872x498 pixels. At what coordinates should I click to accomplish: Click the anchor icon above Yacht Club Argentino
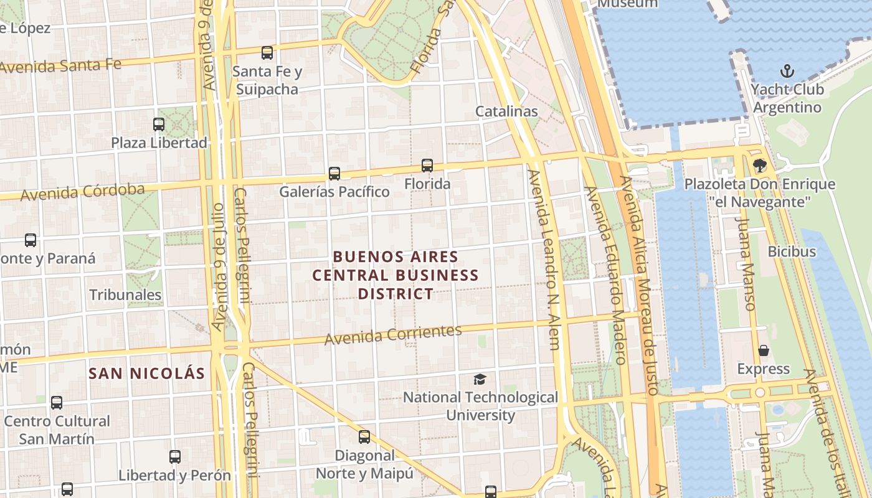pyautogui.click(x=787, y=70)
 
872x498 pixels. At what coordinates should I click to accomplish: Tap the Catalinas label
pyautogui.click(x=506, y=111)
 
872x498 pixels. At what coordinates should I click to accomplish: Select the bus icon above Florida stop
pyautogui.click(x=427, y=166)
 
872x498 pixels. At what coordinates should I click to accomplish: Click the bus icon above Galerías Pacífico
pyautogui.click(x=334, y=173)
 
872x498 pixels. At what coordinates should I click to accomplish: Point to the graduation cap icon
pyautogui.click(x=480, y=379)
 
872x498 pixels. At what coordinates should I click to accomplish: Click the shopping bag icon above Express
pyautogui.click(x=764, y=350)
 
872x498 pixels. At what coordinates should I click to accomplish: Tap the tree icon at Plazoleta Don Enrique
pyautogui.click(x=759, y=166)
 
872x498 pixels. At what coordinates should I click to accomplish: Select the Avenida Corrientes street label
pyautogui.click(x=393, y=335)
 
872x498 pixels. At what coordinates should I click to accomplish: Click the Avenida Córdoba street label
pyautogui.click(x=82, y=192)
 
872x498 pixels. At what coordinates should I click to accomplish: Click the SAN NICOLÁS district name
pyautogui.click(x=146, y=374)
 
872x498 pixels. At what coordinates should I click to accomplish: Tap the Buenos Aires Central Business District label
pyautogui.click(x=396, y=275)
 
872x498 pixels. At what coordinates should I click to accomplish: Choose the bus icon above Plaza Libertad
pyautogui.click(x=159, y=124)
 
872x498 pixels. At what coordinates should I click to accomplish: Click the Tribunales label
pyautogui.click(x=126, y=294)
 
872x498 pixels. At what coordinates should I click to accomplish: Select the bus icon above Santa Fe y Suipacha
pyautogui.click(x=267, y=52)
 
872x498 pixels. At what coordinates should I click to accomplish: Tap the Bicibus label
pyautogui.click(x=792, y=251)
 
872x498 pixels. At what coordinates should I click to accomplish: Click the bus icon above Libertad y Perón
pyautogui.click(x=175, y=457)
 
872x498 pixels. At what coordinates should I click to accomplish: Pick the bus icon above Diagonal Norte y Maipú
pyautogui.click(x=364, y=437)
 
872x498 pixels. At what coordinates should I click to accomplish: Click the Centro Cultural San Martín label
pyautogui.click(x=57, y=430)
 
